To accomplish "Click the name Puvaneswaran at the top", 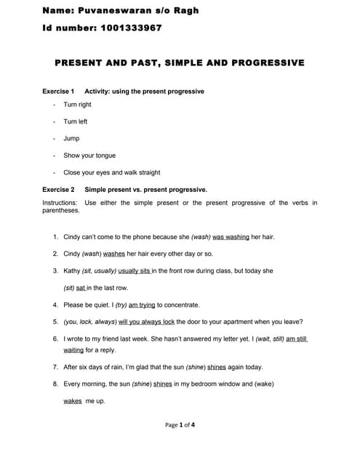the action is tap(114, 10).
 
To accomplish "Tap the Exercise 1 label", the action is tap(58, 92).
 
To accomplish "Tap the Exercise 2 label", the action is tap(58, 190).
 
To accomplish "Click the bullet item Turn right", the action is tap(77, 105).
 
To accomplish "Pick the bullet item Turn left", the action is tap(75, 121).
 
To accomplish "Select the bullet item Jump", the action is tap(71, 138).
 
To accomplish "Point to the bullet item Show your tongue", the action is tap(89, 155).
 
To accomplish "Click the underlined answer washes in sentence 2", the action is tap(114, 254).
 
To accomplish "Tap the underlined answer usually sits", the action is tap(134, 270).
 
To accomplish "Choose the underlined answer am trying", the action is tap(141, 305).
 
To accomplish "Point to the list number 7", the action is tap(55, 367).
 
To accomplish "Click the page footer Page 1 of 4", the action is tap(180, 425).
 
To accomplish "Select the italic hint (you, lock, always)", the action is tap(90, 322).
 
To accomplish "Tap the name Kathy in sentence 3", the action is tap(72, 270).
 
